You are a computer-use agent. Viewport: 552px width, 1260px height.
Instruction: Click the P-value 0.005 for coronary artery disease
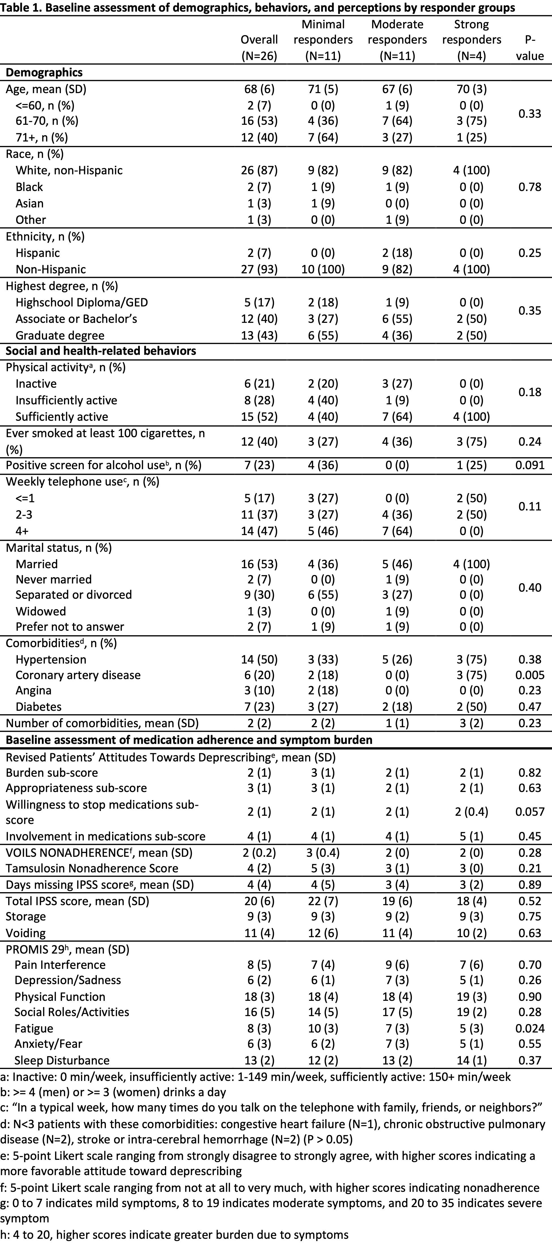529,675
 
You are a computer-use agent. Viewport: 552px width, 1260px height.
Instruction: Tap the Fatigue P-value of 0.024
529,1028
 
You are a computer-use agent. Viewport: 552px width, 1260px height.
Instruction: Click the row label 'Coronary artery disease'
78,675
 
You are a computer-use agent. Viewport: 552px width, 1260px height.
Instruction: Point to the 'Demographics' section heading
44,72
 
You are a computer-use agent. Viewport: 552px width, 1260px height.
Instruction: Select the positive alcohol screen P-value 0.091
529,465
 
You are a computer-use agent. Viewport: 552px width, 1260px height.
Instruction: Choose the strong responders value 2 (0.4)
471,812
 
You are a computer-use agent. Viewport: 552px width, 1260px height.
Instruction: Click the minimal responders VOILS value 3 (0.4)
323,853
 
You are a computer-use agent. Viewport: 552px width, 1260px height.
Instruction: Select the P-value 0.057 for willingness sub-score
529,812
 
